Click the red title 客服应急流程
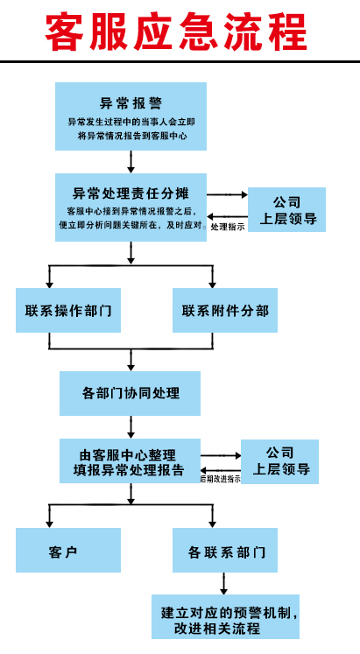click(176, 32)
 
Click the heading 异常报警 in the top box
click(131, 103)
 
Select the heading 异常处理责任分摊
click(131, 193)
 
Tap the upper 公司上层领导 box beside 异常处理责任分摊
click(286, 209)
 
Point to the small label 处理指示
click(228, 228)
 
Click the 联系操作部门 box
click(68, 310)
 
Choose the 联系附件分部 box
click(225, 310)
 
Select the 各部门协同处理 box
click(131, 393)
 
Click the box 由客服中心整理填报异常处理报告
click(131, 461)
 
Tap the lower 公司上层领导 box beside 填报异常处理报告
click(280, 461)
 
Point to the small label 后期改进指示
click(220, 479)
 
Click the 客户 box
click(68, 550)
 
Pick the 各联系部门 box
click(225, 550)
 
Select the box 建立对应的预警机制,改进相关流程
click(225, 616)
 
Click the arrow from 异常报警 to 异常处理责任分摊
click(131, 162)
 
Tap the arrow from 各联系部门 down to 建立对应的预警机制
click(223, 583)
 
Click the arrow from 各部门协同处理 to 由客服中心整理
click(131, 427)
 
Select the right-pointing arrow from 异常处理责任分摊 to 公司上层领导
click(228, 194)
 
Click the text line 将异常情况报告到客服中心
click(131, 136)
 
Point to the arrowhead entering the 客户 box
click(49, 524)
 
